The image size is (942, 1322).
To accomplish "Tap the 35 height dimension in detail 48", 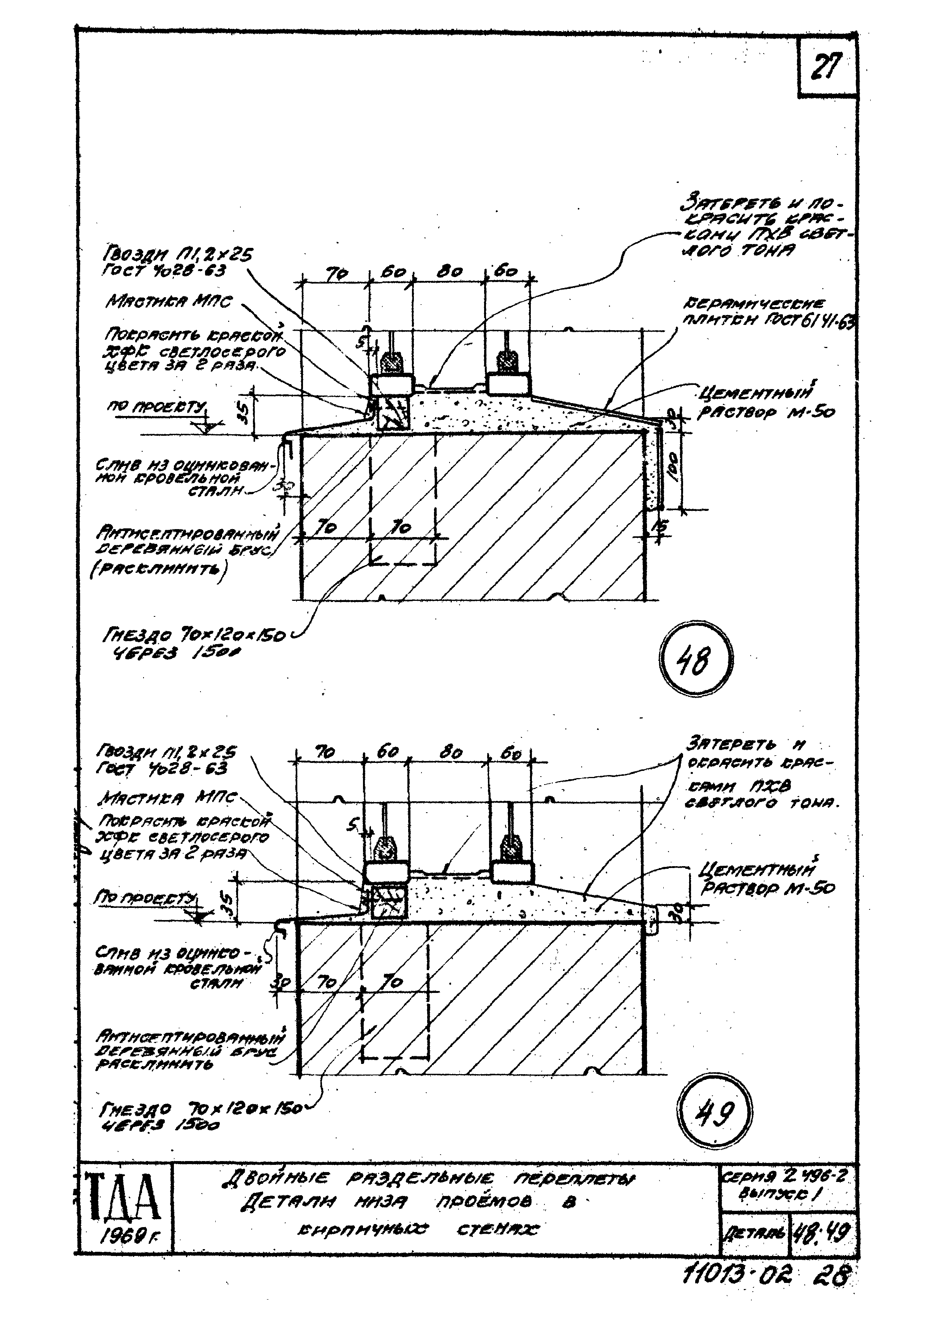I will tap(244, 413).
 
